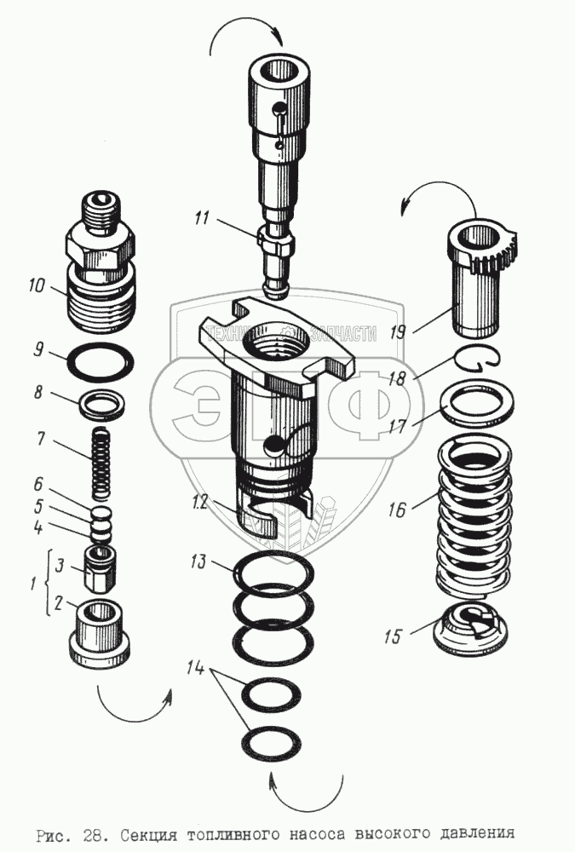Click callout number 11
click(200, 219)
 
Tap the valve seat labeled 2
click(101, 630)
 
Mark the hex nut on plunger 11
click(276, 247)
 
